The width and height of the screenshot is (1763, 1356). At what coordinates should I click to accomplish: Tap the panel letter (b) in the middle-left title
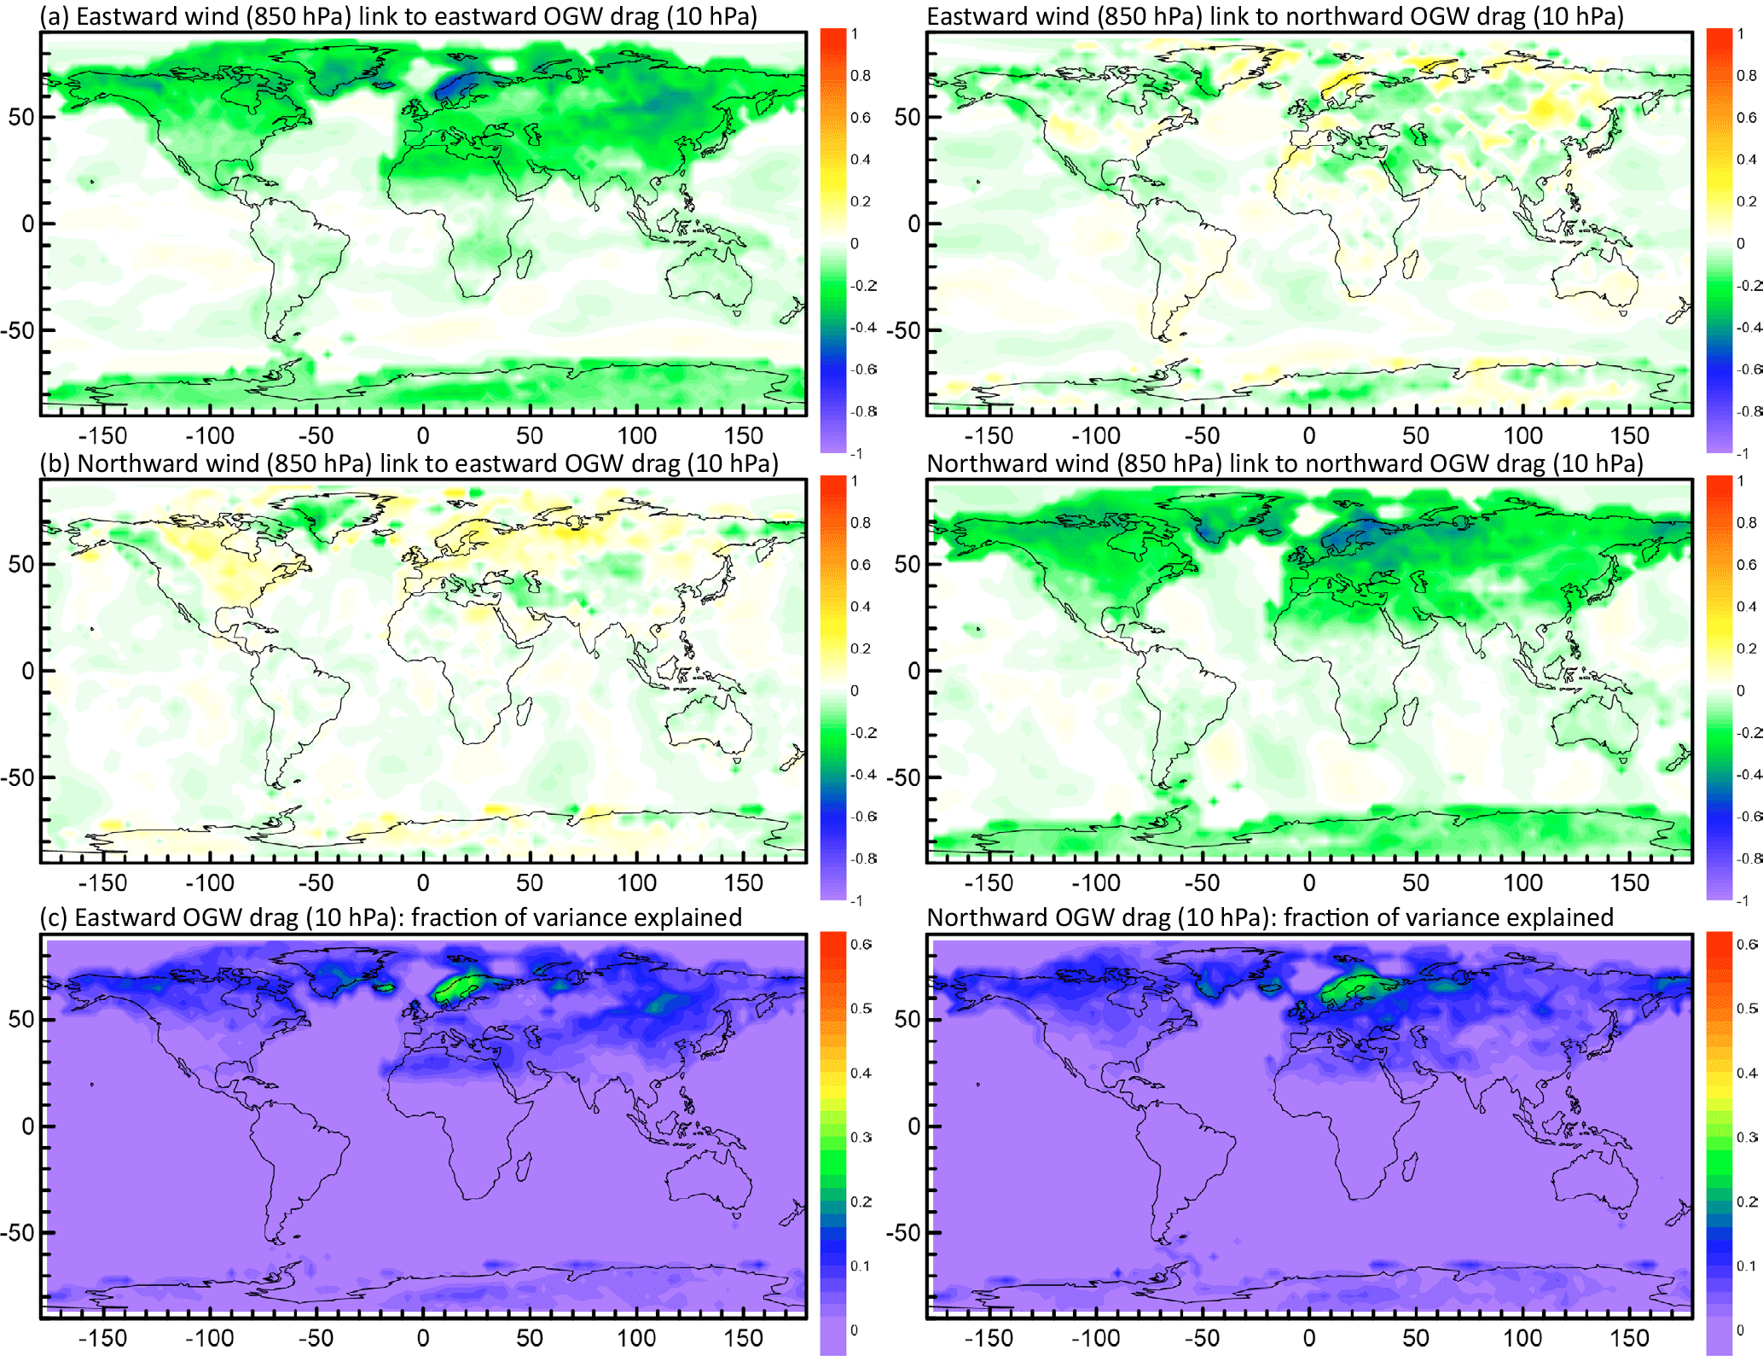click(x=56, y=463)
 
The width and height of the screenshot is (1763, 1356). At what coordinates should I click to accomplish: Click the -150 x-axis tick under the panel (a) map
click(x=102, y=436)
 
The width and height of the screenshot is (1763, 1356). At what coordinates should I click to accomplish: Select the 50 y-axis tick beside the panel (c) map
click(x=21, y=1019)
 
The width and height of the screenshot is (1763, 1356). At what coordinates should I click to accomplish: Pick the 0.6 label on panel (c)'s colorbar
click(x=861, y=944)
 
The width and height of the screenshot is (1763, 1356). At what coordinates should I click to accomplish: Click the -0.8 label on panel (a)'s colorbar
click(x=863, y=411)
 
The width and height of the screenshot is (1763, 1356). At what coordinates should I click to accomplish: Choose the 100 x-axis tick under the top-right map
click(x=1523, y=436)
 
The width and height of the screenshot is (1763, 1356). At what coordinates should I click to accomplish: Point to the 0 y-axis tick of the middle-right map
click(x=913, y=671)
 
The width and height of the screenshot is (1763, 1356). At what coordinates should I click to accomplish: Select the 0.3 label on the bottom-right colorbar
click(x=1746, y=1138)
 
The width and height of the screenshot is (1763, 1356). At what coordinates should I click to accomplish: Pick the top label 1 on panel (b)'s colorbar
click(x=855, y=481)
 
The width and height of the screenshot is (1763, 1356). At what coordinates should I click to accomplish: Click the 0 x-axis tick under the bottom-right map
click(x=1309, y=1338)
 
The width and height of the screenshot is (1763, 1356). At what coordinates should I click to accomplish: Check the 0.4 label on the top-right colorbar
click(x=1746, y=160)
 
